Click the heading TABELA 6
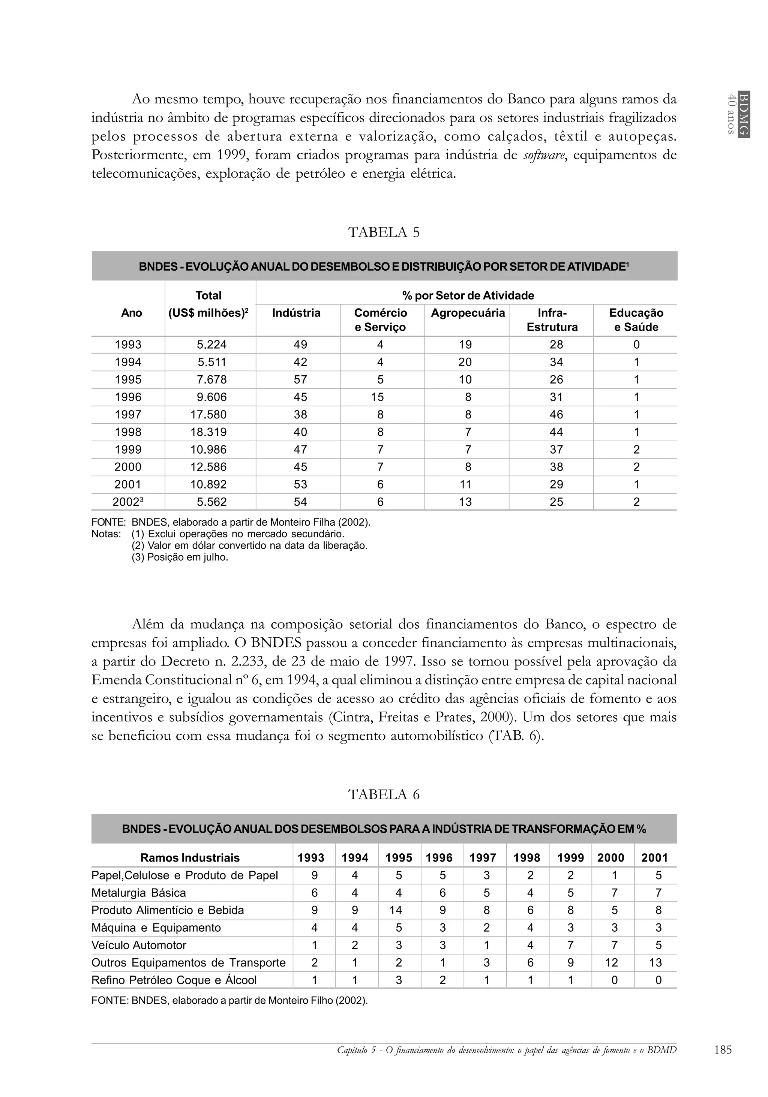pyautogui.click(x=384, y=794)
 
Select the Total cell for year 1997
pyautogui.click(x=208, y=415)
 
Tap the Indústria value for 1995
pyautogui.click(x=300, y=380)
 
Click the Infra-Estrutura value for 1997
pyautogui.click(x=556, y=415)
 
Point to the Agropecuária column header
pyautogui.click(x=467, y=313)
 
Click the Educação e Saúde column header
pyautogui.click(x=636, y=320)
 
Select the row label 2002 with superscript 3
pyautogui.click(x=127, y=502)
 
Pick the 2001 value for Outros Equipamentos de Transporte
pyautogui.click(x=655, y=962)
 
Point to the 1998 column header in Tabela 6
pyautogui.click(x=526, y=858)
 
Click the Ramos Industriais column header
pyautogui.click(x=190, y=858)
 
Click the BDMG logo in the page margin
pyautogui.click(x=743, y=114)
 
